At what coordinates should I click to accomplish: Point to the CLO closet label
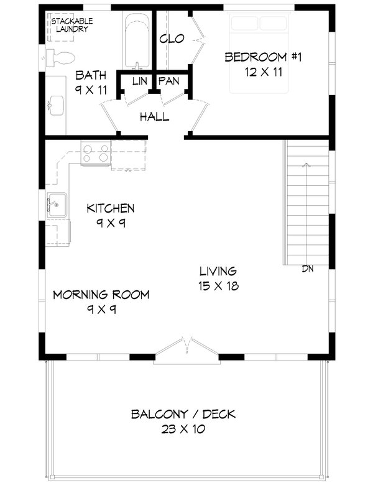click(172, 39)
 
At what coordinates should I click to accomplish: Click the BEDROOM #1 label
click(263, 57)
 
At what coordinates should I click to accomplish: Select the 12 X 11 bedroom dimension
click(263, 72)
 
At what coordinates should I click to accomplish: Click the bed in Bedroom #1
click(260, 50)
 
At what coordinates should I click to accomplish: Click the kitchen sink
click(57, 204)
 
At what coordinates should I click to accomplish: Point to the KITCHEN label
click(111, 208)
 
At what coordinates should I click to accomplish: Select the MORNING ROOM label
click(101, 294)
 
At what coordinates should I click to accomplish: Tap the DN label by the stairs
click(307, 269)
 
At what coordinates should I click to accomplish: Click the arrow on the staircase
click(306, 165)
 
